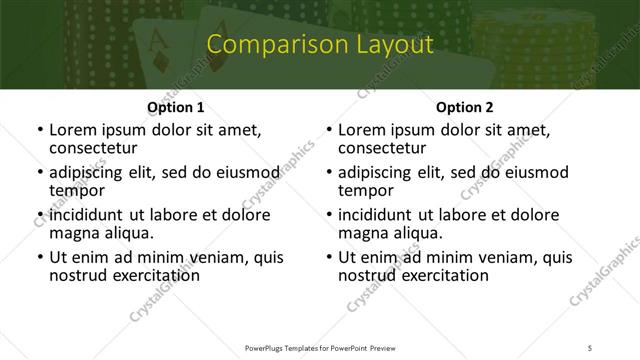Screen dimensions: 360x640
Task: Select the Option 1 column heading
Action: [176, 108]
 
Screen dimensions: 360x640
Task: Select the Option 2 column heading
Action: [465, 108]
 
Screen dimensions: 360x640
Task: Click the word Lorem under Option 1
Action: [75, 130]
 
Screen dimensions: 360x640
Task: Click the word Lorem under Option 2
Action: [364, 130]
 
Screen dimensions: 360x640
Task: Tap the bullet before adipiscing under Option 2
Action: [328, 173]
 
